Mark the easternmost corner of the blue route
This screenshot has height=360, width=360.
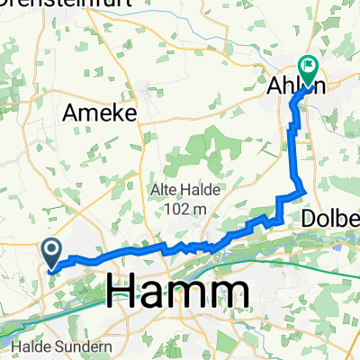305,190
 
